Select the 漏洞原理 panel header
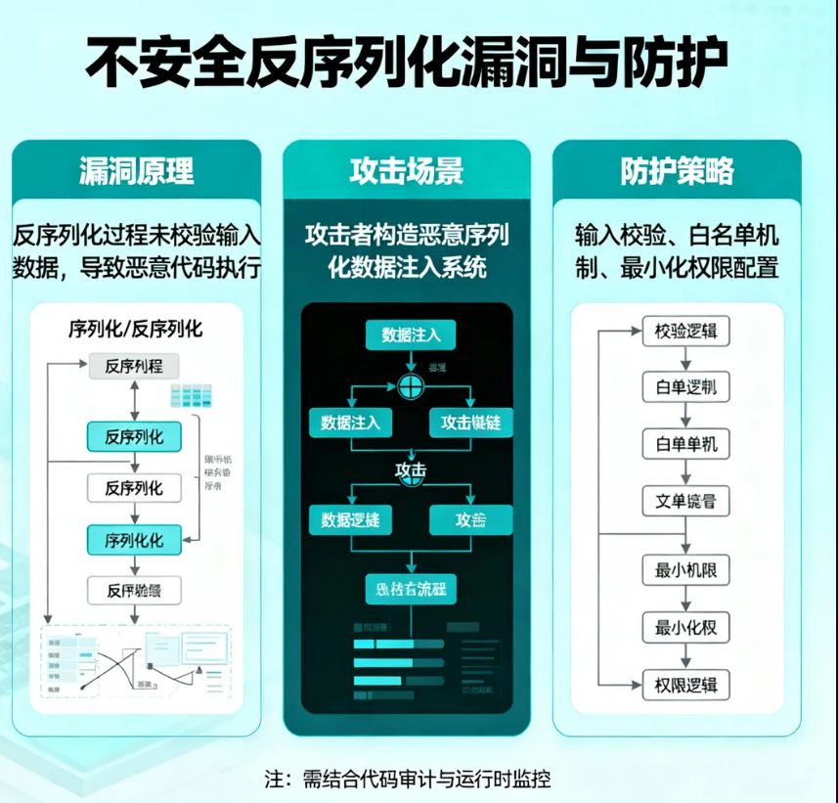[136, 172]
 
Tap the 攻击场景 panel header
[407, 172]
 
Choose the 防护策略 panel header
[677, 172]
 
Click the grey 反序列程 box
[136, 367]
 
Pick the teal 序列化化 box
[136, 539]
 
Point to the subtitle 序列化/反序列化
[136, 329]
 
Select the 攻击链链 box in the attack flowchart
[470, 423]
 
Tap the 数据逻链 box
[350, 520]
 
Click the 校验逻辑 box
[686, 332]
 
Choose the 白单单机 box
[686, 445]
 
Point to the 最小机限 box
[686, 570]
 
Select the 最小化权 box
[686, 627]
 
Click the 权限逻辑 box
[686, 685]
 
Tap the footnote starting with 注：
[408, 780]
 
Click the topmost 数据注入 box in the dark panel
[411, 335]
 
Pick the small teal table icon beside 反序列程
[192, 395]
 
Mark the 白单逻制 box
[686, 387]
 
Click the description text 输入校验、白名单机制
[677, 236]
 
